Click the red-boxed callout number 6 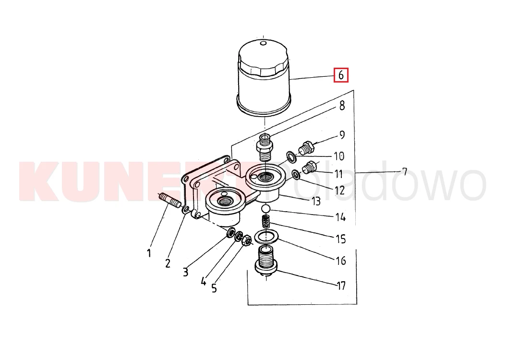click(341, 75)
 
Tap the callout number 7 click(404, 171)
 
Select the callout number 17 click(341, 286)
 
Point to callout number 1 click(149, 253)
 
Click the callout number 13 click(316, 201)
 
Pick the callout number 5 click(214, 288)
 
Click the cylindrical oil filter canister click(263, 78)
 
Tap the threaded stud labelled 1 click(169, 200)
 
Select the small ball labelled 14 click(266, 209)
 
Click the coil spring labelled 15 click(266, 222)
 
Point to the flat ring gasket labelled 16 click(266, 236)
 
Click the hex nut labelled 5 click(247, 240)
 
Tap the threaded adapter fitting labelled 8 click(265, 147)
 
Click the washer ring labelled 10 click(291, 157)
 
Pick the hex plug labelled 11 click(310, 167)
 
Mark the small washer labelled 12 click(296, 175)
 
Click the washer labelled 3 click(231, 232)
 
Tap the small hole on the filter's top click(264, 43)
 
